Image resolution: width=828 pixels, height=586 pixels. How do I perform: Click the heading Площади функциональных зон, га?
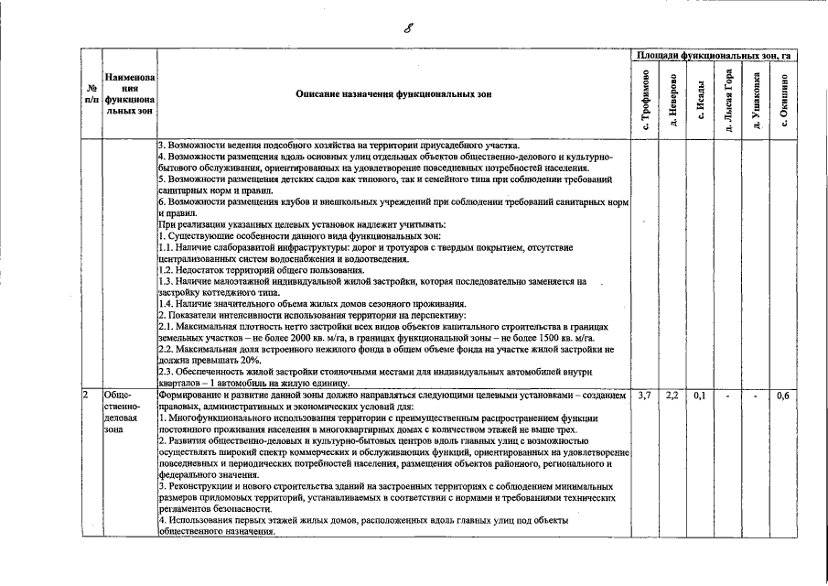715,57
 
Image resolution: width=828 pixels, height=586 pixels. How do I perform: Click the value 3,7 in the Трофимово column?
644,396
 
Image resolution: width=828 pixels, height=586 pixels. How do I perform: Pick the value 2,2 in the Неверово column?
672,396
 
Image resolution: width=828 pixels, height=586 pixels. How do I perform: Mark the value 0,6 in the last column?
783,396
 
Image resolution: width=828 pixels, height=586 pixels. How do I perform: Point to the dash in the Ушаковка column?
756,396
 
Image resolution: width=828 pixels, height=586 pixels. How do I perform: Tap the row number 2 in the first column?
85,396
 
